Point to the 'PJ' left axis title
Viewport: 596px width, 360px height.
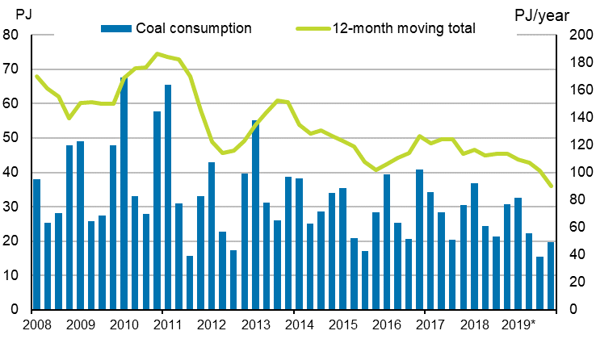click(x=24, y=14)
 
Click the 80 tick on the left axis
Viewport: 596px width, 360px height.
click(x=13, y=35)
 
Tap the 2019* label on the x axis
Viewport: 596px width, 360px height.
click(x=518, y=325)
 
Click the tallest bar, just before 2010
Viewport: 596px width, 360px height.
click(x=124, y=194)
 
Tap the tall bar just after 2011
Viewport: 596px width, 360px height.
click(x=168, y=197)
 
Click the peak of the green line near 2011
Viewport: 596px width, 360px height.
click(x=157, y=54)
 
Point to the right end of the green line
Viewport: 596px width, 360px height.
click(x=551, y=186)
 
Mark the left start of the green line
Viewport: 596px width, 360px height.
click(x=36, y=76)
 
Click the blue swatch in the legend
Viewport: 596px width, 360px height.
click(x=111, y=27)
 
